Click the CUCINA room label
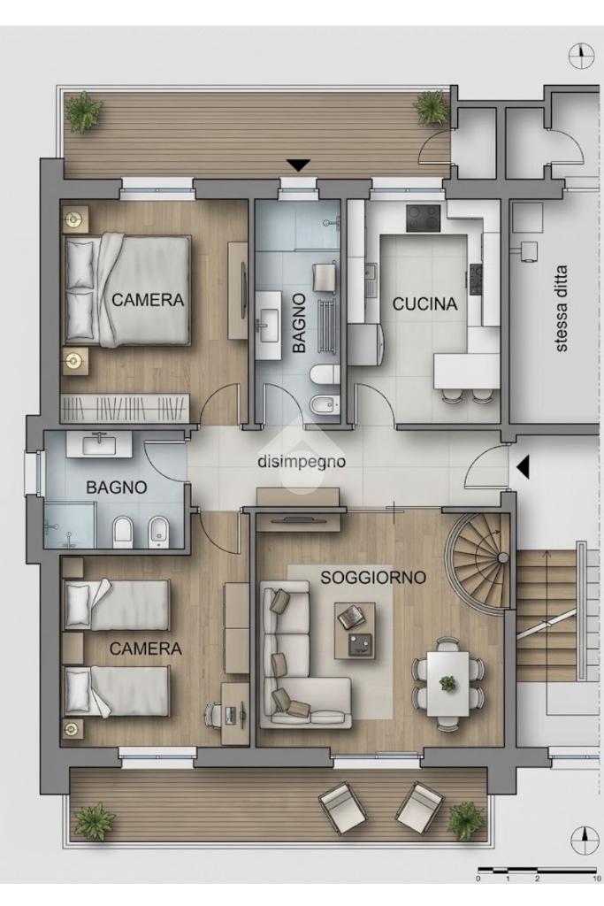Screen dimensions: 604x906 pos(424,304)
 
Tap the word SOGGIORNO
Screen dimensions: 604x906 pos(373,577)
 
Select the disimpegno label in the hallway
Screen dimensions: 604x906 pos(302,462)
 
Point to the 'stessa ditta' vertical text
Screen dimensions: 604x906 pos(561,308)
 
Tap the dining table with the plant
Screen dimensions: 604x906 pos(447,683)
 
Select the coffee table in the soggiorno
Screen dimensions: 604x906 pos(356,630)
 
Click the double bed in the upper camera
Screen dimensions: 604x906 pos(127,290)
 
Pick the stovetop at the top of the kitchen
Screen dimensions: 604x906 pos(424,219)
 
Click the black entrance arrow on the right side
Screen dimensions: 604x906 pos(523,467)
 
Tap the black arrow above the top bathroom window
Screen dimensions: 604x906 pos(299,165)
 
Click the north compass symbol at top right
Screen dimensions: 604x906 pos(581,56)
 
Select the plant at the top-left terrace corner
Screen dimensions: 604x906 pos(84,111)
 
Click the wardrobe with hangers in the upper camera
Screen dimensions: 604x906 pos(126,408)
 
